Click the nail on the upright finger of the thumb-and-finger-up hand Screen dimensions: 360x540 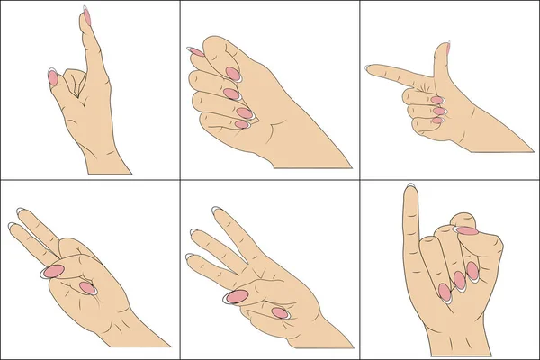86,15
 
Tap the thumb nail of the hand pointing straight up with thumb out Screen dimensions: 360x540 52,78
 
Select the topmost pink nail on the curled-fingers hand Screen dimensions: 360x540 195,51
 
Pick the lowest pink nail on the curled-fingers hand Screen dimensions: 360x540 241,124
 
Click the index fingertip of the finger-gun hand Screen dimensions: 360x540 368,67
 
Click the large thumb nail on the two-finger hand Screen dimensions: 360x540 54,270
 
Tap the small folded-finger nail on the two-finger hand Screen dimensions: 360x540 87,287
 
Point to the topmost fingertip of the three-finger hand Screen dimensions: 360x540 217,211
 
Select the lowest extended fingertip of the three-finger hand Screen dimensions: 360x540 188,257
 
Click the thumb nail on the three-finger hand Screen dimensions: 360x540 238,295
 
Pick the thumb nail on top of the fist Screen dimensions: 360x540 466,230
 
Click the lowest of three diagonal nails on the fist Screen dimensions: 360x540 444,292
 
